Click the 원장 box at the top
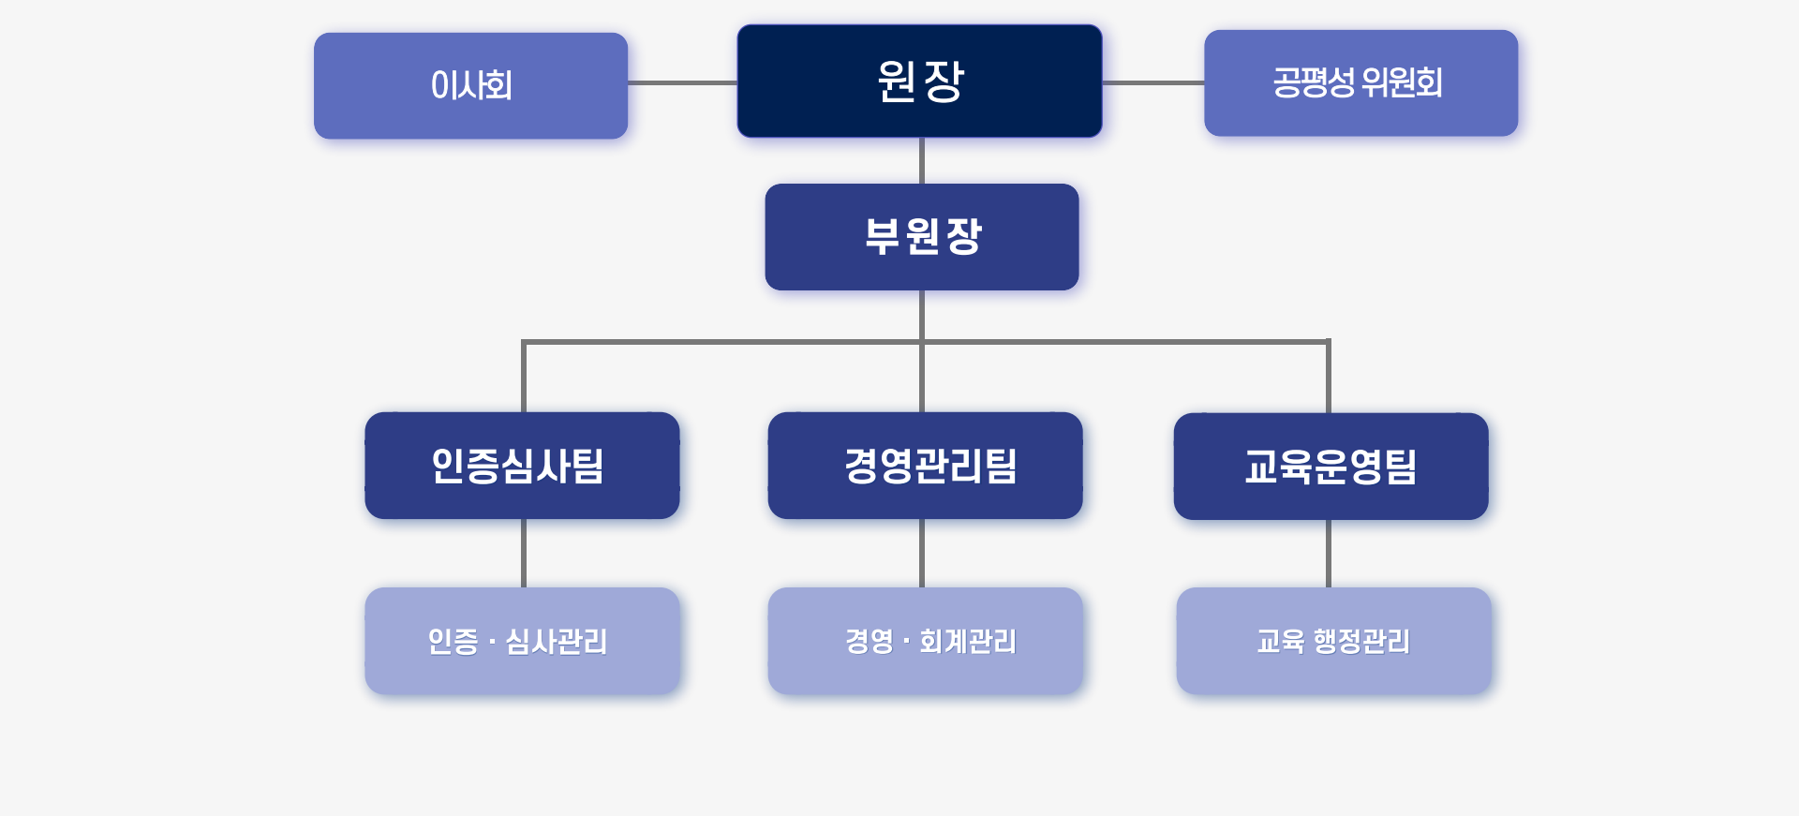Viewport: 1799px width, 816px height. [x=919, y=82]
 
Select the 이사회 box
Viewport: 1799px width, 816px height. [x=470, y=85]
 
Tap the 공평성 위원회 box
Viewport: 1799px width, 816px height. [x=1360, y=82]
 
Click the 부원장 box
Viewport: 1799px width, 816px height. [x=922, y=237]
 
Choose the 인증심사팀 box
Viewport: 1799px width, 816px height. [x=522, y=466]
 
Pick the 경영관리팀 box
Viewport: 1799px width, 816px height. [x=925, y=466]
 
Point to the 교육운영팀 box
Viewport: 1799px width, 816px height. [x=1331, y=467]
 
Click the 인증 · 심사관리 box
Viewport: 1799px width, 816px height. [x=522, y=641]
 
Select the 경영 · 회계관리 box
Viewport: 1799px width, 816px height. [x=925, y=641]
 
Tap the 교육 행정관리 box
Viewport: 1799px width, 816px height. [x=1333, y=641]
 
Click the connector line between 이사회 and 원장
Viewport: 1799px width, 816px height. [x=682, y=82]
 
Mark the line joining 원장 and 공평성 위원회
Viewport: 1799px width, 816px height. [x=1152, y=82]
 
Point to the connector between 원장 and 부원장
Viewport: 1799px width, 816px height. [x=922, y=160]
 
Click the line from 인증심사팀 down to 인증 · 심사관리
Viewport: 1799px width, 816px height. [x=523, y=553]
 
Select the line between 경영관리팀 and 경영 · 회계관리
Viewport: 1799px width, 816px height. [x=922, y=553]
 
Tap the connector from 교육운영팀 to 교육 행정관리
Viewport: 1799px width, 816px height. [x=1329, y=554]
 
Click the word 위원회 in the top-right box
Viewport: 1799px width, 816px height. [x=1402, y=82]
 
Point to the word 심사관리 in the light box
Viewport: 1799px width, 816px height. [x=557, y=641]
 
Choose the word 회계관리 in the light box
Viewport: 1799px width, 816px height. [x=968, y=641]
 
